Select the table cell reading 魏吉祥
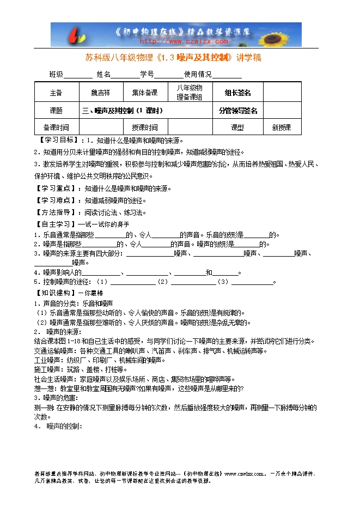100,93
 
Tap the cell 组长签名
237,93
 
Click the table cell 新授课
282,127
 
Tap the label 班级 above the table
57,74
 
